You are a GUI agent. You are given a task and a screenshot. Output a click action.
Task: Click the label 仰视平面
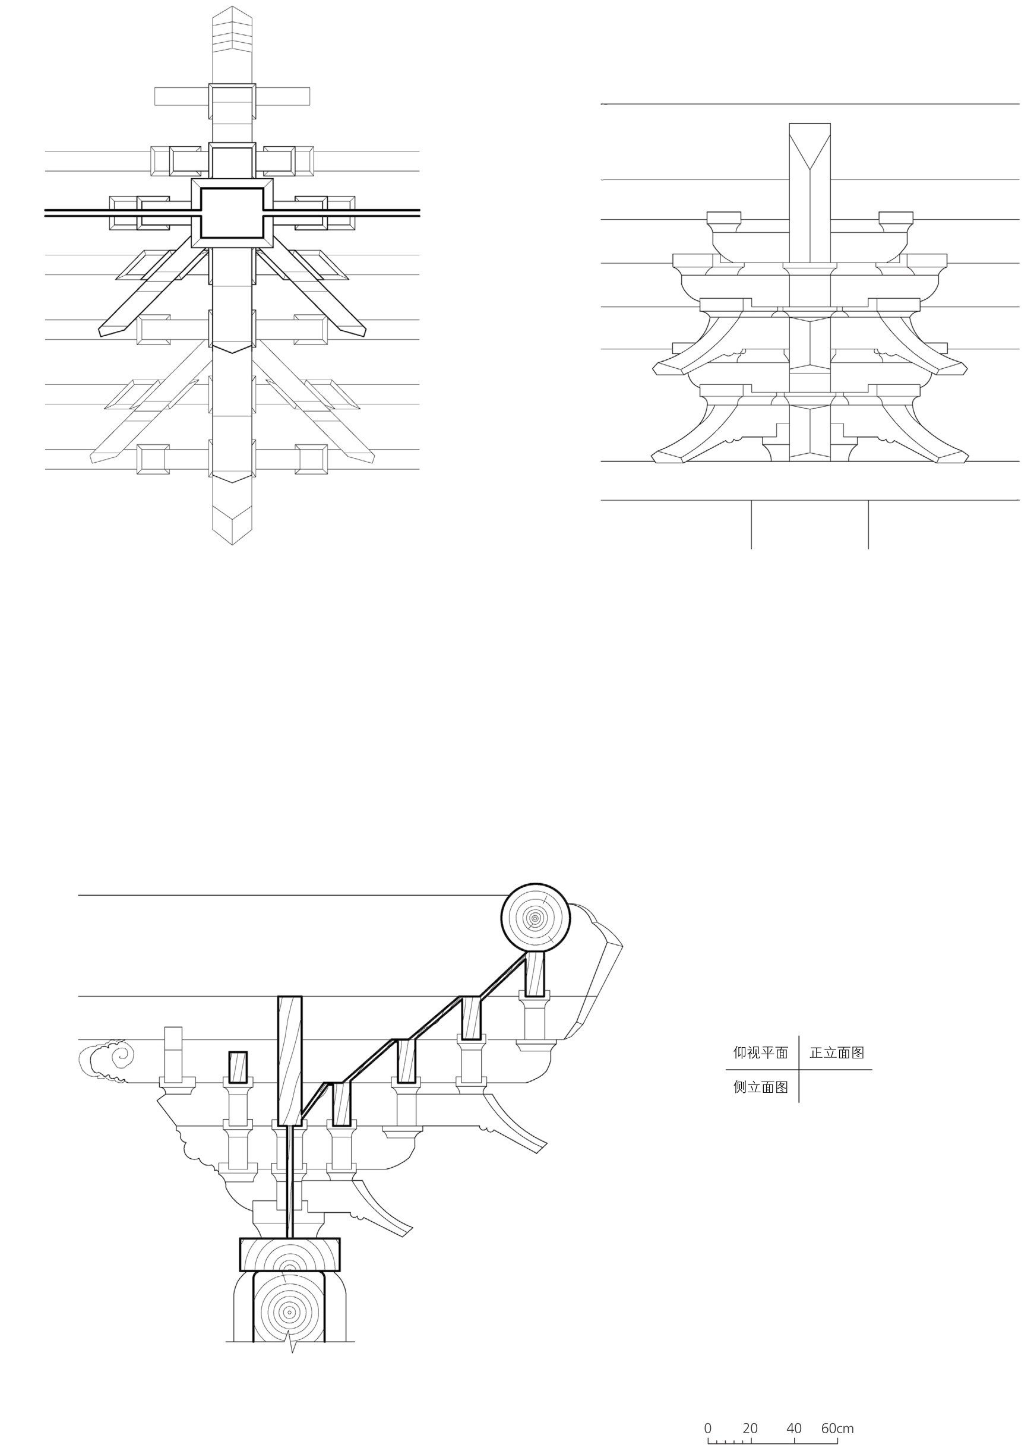(x=761, y=1052)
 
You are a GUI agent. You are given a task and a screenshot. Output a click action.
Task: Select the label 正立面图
(x=837, y=1052)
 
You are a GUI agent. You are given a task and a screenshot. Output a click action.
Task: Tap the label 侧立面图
(x=761, y=1087)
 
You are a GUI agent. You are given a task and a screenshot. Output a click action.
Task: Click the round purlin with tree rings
(x=536, y=918)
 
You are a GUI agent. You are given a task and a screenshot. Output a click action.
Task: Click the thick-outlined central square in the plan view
(x=232, y=213)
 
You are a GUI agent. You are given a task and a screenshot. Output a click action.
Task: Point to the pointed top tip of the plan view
(x=232, y=9)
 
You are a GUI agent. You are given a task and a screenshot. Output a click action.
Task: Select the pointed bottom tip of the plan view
(x=232, y=542)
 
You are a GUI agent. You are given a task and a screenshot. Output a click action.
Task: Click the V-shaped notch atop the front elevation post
(x=810, y=159)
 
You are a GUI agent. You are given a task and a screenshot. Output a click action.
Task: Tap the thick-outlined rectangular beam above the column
(x=290, y=1254)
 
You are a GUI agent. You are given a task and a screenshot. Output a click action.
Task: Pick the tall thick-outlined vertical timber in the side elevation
(x=290, y=1060)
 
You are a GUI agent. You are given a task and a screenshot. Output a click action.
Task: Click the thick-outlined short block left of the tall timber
(x=238, y=1068)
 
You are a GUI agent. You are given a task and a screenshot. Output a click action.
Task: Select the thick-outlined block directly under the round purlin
(x=535, y=975)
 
